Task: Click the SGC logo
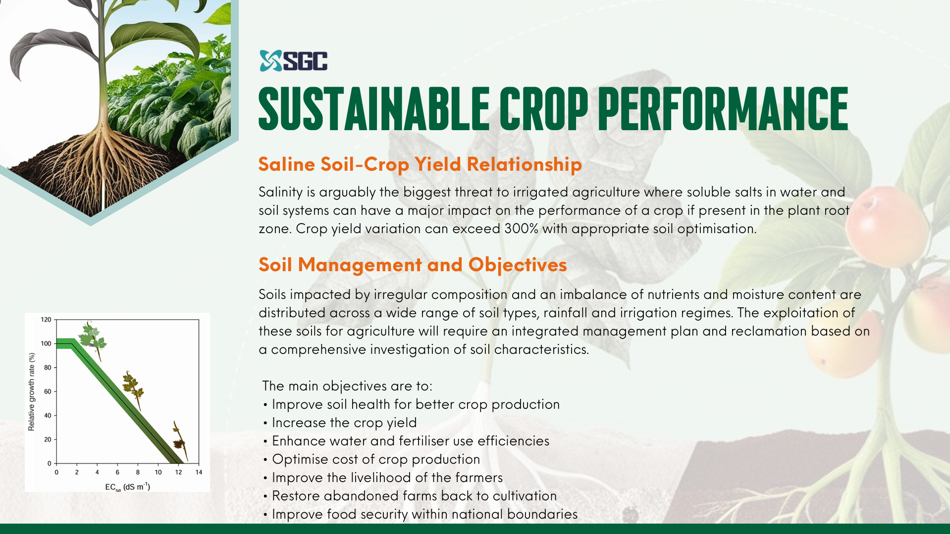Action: coord(293,61)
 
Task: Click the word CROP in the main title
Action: coord(543,109)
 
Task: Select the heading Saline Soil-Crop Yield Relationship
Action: coord(420,164)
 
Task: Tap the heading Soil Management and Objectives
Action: coord(413,265)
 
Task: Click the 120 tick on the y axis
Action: coord(46,320)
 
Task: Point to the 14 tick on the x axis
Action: coord(199,472)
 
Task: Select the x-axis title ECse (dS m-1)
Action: coord(127,487)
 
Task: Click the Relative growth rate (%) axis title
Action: coord(32,391)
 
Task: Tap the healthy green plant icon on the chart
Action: coord(92,340)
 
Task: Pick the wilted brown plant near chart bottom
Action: coord(180,440)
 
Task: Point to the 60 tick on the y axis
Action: coord(48,391)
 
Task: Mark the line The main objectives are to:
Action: coord(347,386)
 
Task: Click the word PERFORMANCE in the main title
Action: coord(723,109)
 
